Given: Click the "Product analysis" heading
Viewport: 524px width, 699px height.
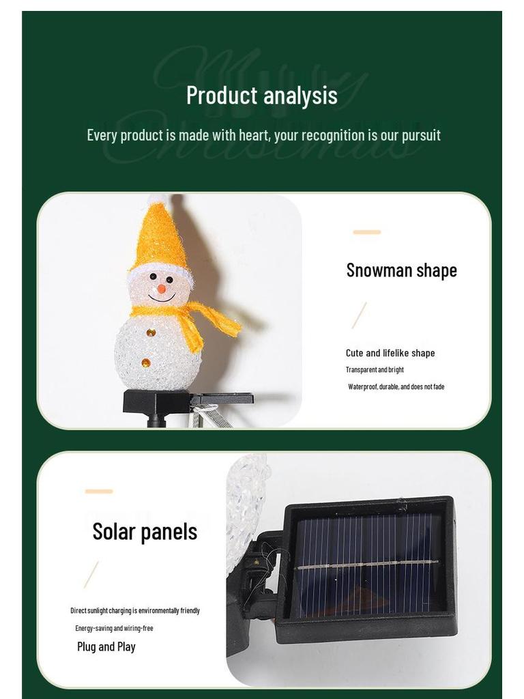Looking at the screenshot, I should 262,95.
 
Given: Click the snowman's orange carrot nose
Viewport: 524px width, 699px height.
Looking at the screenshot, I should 161,289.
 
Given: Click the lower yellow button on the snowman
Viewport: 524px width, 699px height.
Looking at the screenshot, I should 145,362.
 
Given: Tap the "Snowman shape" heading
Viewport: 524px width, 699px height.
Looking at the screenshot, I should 401,270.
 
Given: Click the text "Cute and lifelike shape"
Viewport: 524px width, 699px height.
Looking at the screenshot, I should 390,353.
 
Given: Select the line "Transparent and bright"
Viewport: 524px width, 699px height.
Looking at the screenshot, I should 375,370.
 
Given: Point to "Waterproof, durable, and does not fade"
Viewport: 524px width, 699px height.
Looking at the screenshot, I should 396,387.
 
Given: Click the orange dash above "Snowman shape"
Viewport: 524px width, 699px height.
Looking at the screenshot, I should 366,232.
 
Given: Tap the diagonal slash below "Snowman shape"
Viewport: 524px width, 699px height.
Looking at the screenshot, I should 359,315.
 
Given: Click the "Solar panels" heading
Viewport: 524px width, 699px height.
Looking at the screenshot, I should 145,532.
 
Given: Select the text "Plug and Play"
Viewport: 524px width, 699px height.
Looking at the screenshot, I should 106,646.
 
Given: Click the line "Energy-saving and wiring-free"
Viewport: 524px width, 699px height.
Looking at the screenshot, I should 114,628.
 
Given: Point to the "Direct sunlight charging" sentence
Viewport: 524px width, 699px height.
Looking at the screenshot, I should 135,611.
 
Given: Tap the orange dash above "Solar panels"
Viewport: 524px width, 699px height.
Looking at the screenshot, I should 99,491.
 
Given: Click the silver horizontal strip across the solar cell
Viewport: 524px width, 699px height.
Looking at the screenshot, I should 366,565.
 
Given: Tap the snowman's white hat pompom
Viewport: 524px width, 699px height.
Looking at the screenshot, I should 158,199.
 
